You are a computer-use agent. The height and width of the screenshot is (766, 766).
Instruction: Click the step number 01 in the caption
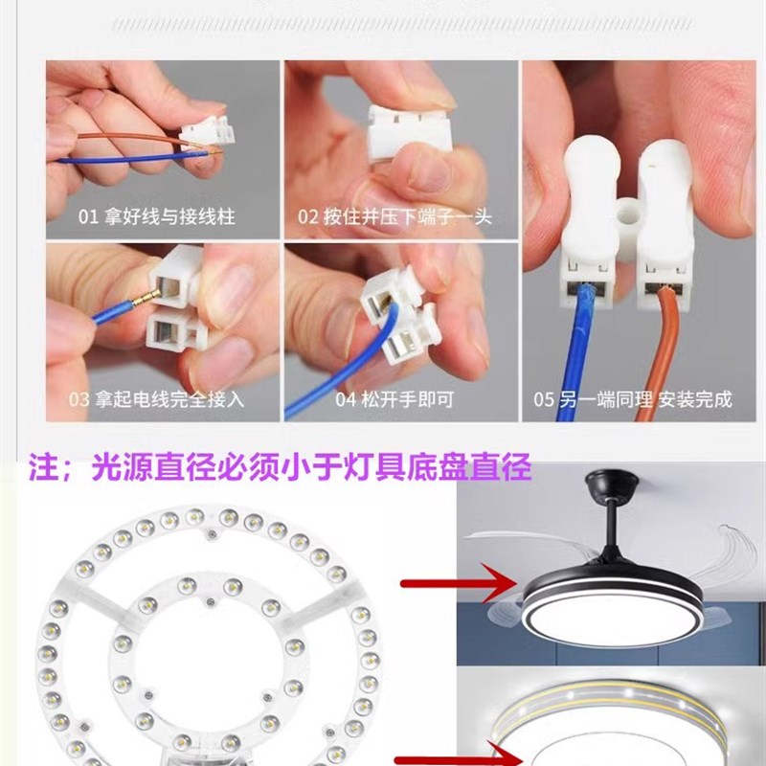pos(88,217)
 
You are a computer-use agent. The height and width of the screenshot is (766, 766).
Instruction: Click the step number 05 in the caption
pos(544,399)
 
